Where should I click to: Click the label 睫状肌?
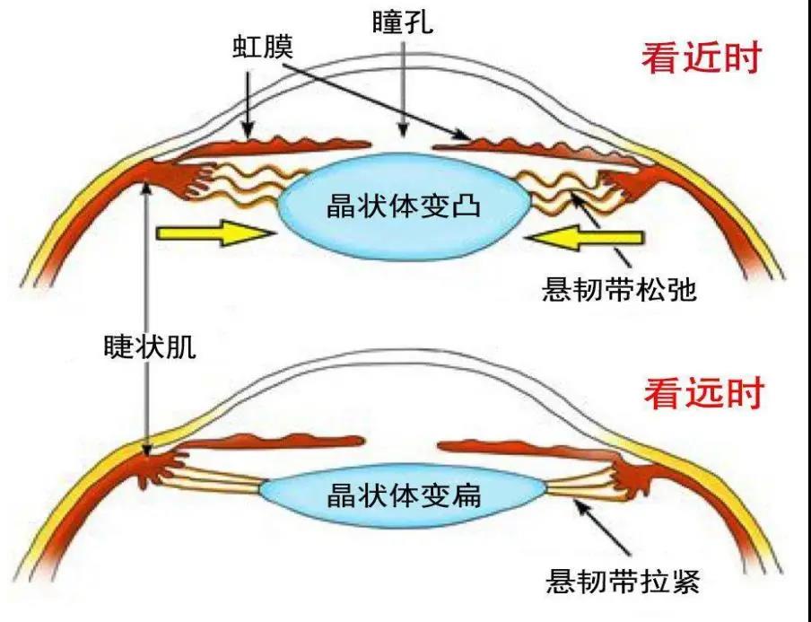[149, 347]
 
